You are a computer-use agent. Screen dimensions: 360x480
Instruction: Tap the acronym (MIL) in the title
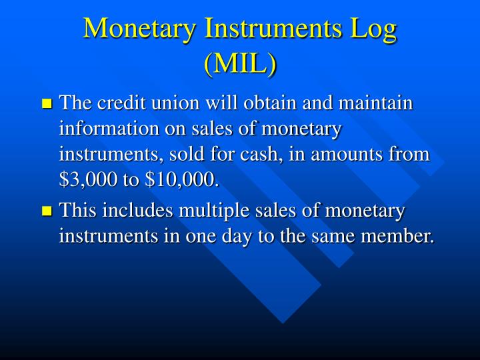[240, 64]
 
